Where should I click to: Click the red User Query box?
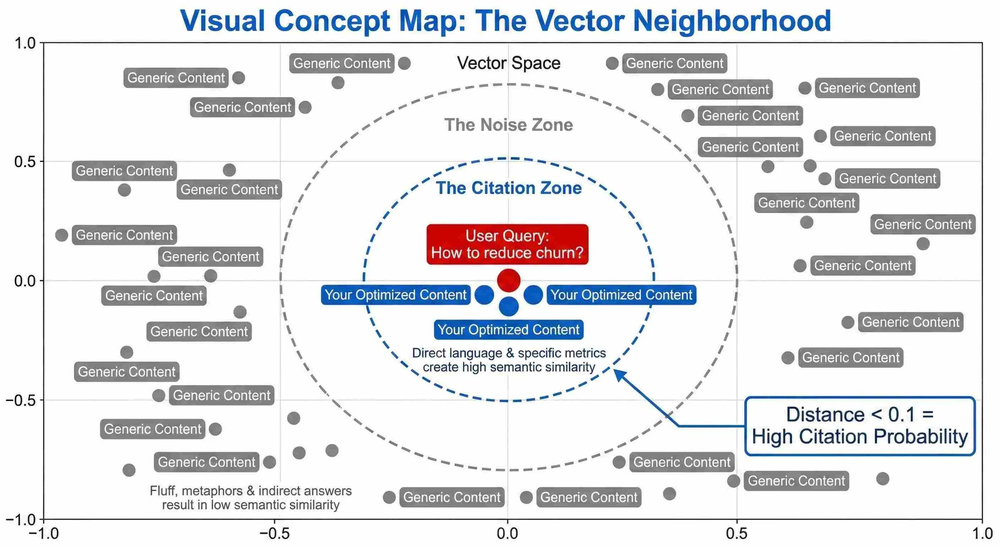click(x=507, y=244)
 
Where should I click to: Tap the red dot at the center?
click(x=508, y=280)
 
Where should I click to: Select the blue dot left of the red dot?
click(x=484, y=295)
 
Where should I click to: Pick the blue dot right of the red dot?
click(x=533, y=295)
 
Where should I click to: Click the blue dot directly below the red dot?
click(x=508, y=307)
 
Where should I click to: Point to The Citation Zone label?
click(x=508, y=188)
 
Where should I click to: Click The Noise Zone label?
click(x=508, y=125)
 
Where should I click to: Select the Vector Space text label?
click(x=508, y=63)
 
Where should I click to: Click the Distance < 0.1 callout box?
click(x=860, y=426)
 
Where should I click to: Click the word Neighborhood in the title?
click(x=732, y=21)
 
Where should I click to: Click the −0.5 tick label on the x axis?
click(x=274, y=534)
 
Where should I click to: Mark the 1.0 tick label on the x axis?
click(x=982, y=534)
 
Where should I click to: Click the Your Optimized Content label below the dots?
click(x=508, y=330)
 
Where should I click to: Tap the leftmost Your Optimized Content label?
click(x=395, y=295)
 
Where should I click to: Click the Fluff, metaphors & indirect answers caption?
click(x=251, y=498)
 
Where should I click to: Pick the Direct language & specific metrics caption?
click(x=509, y=360)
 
